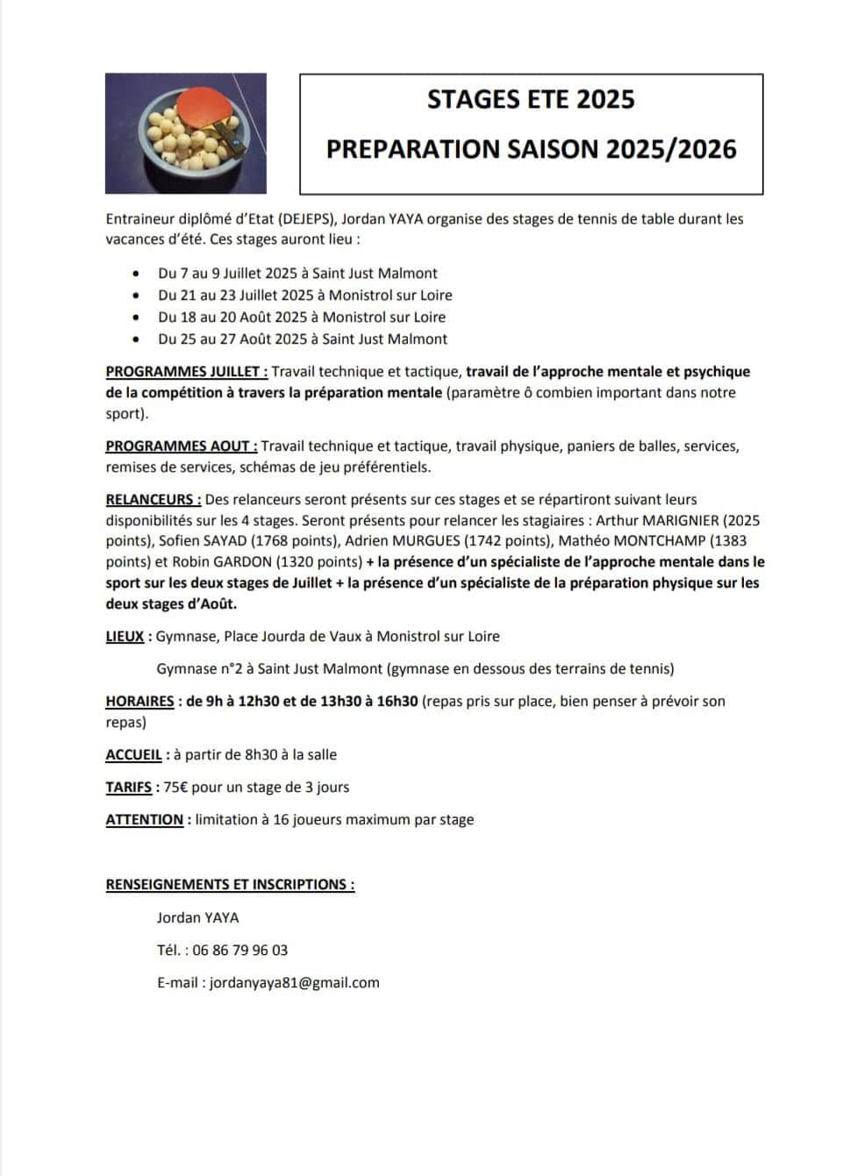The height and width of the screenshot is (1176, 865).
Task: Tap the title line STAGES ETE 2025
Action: (531, 99)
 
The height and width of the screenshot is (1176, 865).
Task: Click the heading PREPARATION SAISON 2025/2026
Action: (531, 148)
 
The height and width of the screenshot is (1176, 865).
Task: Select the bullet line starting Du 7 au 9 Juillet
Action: (297, 273)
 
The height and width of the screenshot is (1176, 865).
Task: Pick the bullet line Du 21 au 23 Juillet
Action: (305, 295)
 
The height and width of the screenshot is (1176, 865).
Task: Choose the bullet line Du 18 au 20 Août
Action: (302, 317)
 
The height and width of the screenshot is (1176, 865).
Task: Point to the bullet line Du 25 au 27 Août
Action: (303, 339)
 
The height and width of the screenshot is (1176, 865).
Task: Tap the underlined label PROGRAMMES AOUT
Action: (182, 445)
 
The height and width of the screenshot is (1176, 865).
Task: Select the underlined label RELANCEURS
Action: (154, 499)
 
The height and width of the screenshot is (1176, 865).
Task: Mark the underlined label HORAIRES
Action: (140, 701)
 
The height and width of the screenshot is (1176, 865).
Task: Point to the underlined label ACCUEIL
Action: (135, 754)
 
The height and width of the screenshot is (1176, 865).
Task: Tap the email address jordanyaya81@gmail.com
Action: (294, 982)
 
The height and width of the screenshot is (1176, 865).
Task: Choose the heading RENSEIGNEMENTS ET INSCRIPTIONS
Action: (230, 884)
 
